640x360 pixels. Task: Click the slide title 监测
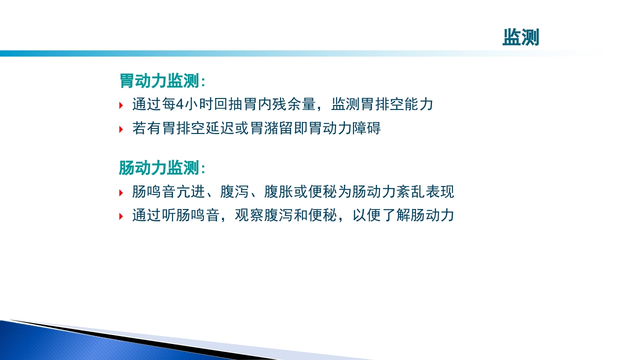click(x=520, y=37)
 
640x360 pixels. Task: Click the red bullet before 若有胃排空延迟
click(x=121, y=129)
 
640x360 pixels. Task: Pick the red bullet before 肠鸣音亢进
click(x=121, y=192)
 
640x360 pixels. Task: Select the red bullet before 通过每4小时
click(x=121, y=105)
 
